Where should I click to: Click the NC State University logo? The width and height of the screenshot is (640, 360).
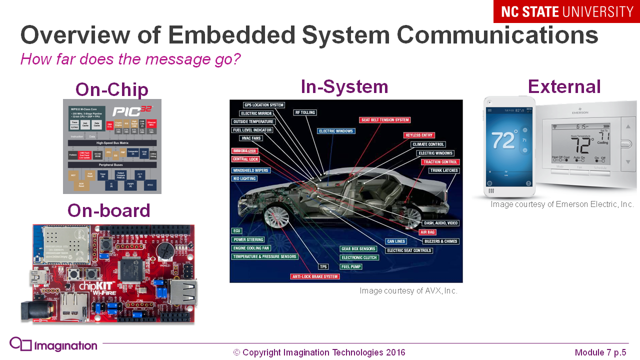[566, 11]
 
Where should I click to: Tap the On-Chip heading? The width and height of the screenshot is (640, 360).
[112, 89]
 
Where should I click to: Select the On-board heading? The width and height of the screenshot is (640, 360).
[109, 210]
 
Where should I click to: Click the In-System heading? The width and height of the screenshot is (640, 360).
[344, 86]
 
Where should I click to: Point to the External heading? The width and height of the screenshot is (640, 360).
[564, 86]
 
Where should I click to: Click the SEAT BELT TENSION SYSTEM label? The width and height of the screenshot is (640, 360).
[385, 120]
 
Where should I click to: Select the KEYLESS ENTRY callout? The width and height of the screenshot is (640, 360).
[419, 135]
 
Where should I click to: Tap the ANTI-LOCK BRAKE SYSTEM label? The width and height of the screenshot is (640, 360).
[315, 276]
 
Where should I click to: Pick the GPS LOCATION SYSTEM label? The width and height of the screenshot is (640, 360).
[264, 105]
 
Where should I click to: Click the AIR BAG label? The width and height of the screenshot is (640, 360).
[427, 232]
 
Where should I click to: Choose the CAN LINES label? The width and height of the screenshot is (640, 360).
[396, 241]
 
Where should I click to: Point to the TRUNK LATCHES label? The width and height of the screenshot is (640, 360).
[443, 171]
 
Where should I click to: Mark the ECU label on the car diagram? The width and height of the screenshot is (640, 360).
[237, 231]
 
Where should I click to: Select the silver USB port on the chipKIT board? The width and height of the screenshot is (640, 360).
[183, 292]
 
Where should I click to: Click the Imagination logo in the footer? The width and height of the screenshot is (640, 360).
[53, 345]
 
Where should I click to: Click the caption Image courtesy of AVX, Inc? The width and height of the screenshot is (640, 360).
[408, 290]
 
